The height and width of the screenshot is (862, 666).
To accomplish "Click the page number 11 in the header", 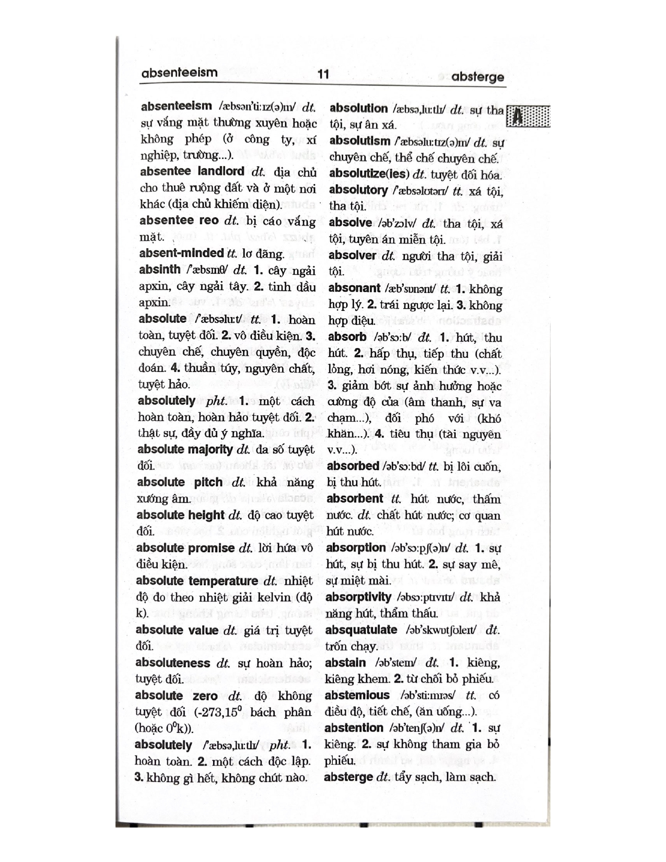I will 323,74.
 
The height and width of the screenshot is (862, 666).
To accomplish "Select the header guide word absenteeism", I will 179,73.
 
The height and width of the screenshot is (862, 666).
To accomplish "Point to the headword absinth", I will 160,270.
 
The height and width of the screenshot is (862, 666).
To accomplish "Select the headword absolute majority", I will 185,449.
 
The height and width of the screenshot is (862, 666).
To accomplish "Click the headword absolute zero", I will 176,696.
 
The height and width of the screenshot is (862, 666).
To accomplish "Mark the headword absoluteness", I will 172,663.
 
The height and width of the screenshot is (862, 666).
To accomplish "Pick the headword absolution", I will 358,109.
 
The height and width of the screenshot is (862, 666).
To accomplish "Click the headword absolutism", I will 360,141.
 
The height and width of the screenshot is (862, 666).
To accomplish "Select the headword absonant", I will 354,288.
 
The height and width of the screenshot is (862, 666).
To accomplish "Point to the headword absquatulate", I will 361,630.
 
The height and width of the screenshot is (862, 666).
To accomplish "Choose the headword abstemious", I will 357,695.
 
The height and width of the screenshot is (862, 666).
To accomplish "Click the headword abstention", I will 354,728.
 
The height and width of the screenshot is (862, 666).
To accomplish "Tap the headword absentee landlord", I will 192,171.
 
